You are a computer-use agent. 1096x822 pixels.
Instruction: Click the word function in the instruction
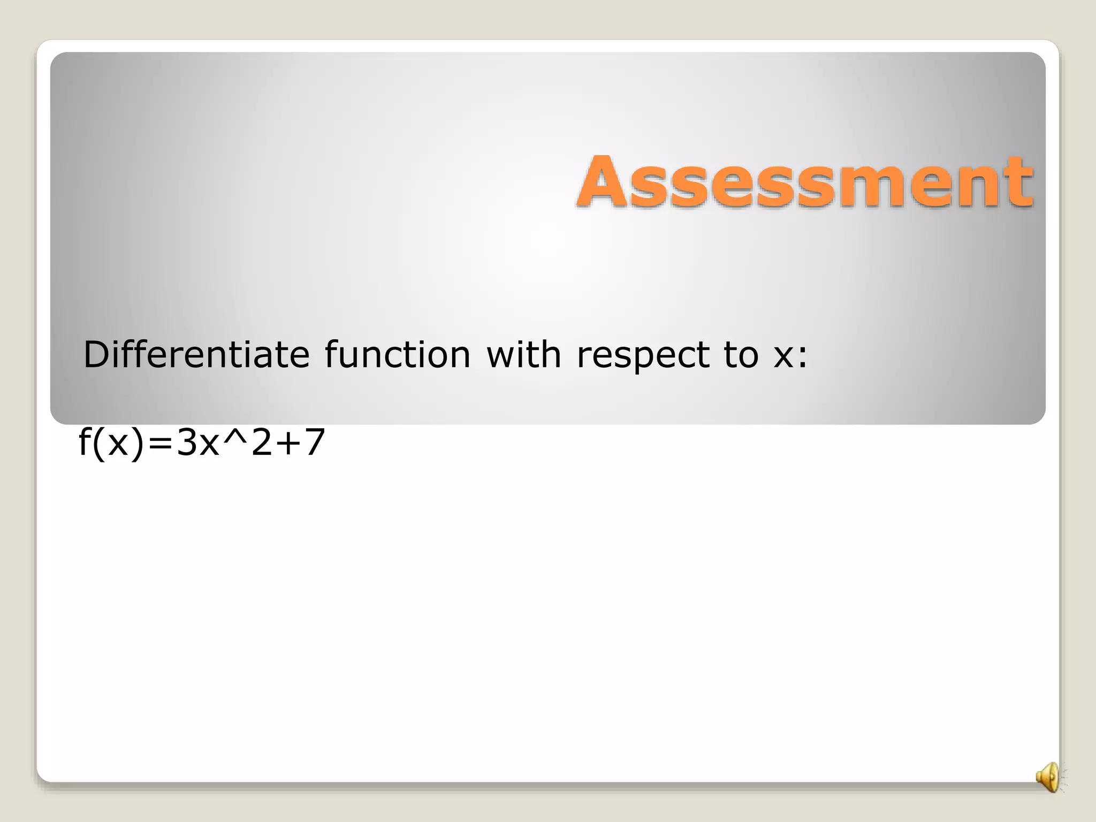click(x=397, y=354)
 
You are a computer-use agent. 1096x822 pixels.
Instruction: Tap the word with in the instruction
click(x=523, y=354)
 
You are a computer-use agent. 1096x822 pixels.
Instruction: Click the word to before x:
click(x=741, y=355)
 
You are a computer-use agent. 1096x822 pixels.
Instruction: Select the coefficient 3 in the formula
click(x=186, y=443)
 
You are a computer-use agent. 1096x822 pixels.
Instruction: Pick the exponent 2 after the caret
click(x=262, y=443)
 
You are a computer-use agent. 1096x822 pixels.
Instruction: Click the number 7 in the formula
click(x=314, y=443)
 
